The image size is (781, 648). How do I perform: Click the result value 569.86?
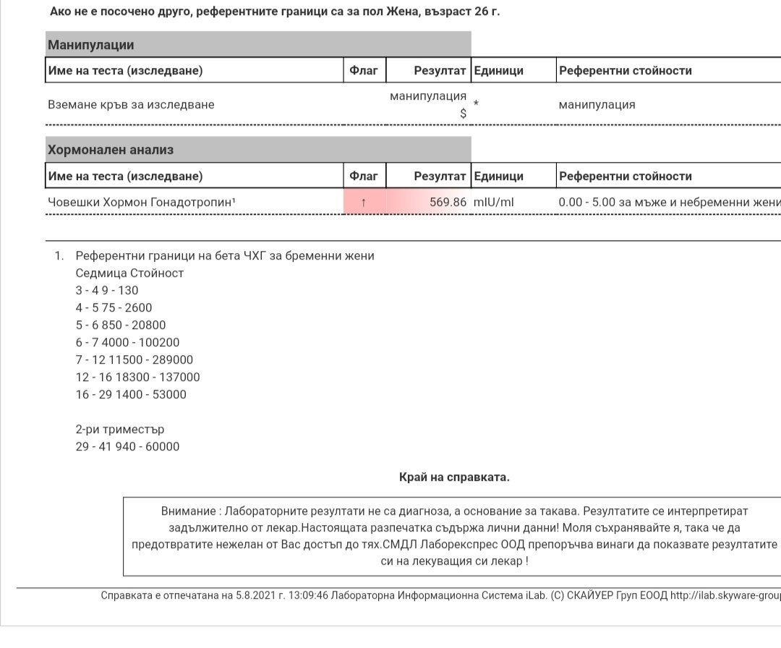tap(448, 202)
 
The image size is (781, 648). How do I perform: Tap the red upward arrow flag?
tap(364, 202)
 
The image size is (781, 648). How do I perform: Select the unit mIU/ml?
tap(493, 202)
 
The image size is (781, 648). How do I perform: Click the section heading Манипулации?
tap(91, 45)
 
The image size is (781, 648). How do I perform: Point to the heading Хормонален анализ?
tap(111, 150)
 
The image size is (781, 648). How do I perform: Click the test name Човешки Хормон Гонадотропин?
tap(141, 202)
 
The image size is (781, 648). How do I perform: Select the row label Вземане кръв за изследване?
tap(131, 104)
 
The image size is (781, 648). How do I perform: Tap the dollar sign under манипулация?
tap(463, 113)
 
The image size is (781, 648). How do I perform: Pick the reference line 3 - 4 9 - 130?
tap(107, 290)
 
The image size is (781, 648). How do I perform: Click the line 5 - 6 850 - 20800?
tap(121, 325)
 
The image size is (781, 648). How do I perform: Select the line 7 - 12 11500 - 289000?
tap(134, 359)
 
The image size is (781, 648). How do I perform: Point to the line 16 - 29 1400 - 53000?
tap(131, 394)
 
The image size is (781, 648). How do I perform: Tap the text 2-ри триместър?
tap(119, 429)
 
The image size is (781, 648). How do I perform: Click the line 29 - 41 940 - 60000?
tap(127, 446)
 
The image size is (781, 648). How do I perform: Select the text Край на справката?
tap(454, 477)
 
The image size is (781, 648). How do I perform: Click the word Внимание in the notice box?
tap(189, 511)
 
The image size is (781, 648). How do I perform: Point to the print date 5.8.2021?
tap(255, 595)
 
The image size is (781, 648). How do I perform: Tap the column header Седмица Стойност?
tap(129, 273)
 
